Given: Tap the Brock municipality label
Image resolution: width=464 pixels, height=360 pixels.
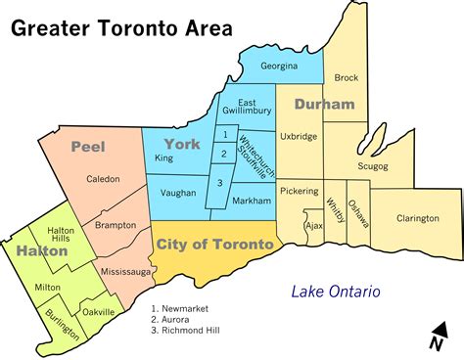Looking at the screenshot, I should (x=347, y=77).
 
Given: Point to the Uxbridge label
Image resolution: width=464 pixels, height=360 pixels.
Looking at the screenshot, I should (x=299, y=137).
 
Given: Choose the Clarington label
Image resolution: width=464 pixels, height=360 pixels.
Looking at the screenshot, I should (x=418, y=218).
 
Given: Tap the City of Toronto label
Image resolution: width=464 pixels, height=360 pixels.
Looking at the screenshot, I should (x=214, y=243).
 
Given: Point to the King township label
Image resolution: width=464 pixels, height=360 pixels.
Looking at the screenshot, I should (x=163, y=157).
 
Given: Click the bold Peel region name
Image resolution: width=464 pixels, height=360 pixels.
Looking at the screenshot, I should (x=87, y=146).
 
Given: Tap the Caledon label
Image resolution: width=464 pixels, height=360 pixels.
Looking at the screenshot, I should (x=103, y=179).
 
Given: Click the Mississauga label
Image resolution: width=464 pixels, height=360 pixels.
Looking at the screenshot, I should (x=123, y=266).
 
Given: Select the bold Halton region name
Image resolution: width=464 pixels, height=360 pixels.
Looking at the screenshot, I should (x=41, y=251).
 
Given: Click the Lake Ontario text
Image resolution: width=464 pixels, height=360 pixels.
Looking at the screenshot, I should (x=335, y=291).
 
